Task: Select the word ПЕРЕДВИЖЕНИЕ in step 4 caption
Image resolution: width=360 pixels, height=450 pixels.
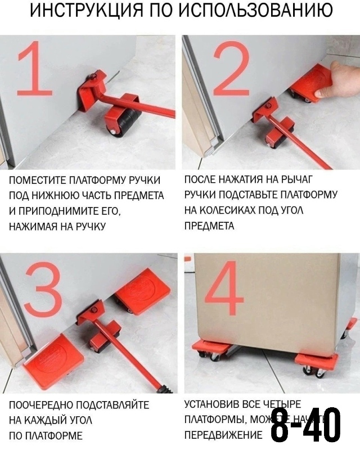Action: (x=223, y=435)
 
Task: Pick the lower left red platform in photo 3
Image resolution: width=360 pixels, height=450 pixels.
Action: (x=54, y=361)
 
